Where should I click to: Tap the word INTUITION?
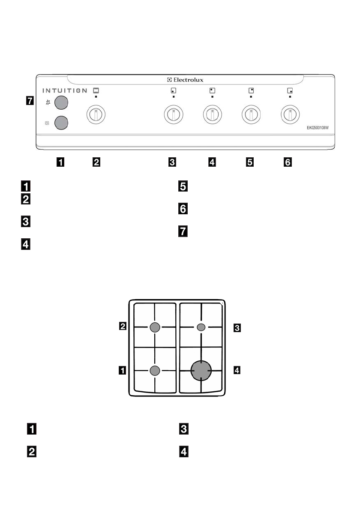coord(64,90)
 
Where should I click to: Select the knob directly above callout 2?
coord(96,114)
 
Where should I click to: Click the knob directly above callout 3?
coord(174,114)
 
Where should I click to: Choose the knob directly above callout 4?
coord(212,114)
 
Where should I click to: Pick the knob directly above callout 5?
coord(251,114)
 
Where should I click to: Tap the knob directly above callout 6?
coord(290,114)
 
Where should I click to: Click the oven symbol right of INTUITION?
coord(96,90)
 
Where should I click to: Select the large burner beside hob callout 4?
coord(201,370)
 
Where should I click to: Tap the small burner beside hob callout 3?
coord(201,327)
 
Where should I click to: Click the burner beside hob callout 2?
coord(155,328)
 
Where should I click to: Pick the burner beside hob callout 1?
coord(155,371)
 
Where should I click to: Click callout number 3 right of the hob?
coord(237,328)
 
